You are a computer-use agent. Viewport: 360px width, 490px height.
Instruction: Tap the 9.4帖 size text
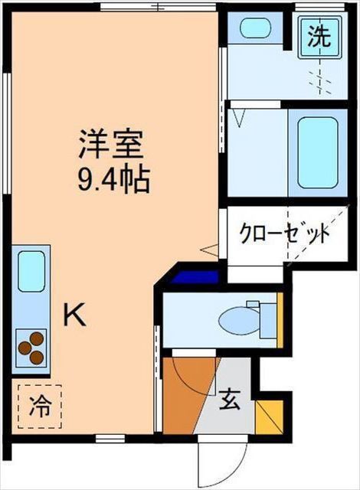click(x=112, y=181)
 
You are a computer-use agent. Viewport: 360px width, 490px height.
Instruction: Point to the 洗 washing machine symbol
click(x=319, y=37)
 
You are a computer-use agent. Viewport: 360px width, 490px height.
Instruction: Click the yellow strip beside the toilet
click(x=280, y=320)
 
